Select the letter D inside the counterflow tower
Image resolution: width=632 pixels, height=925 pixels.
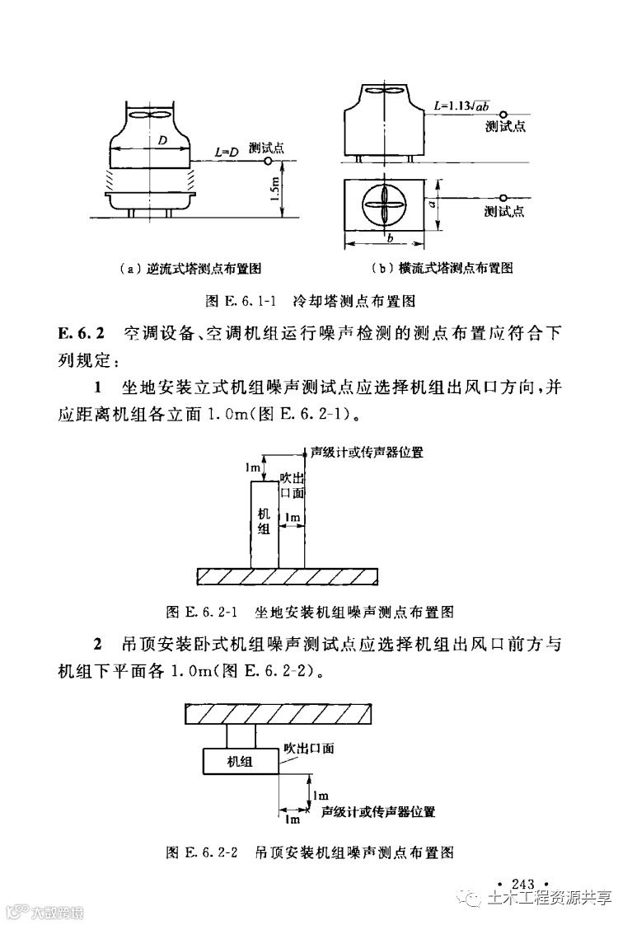[163, 141]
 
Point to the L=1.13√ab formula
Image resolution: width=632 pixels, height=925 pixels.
[461, 106]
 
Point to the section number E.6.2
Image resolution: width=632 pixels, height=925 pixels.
[82, 334]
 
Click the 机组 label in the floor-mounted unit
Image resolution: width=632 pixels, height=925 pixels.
[265, 520]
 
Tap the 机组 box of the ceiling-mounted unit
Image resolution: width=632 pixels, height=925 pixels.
[241, 761]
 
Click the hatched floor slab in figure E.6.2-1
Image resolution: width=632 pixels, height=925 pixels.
[286, 575]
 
